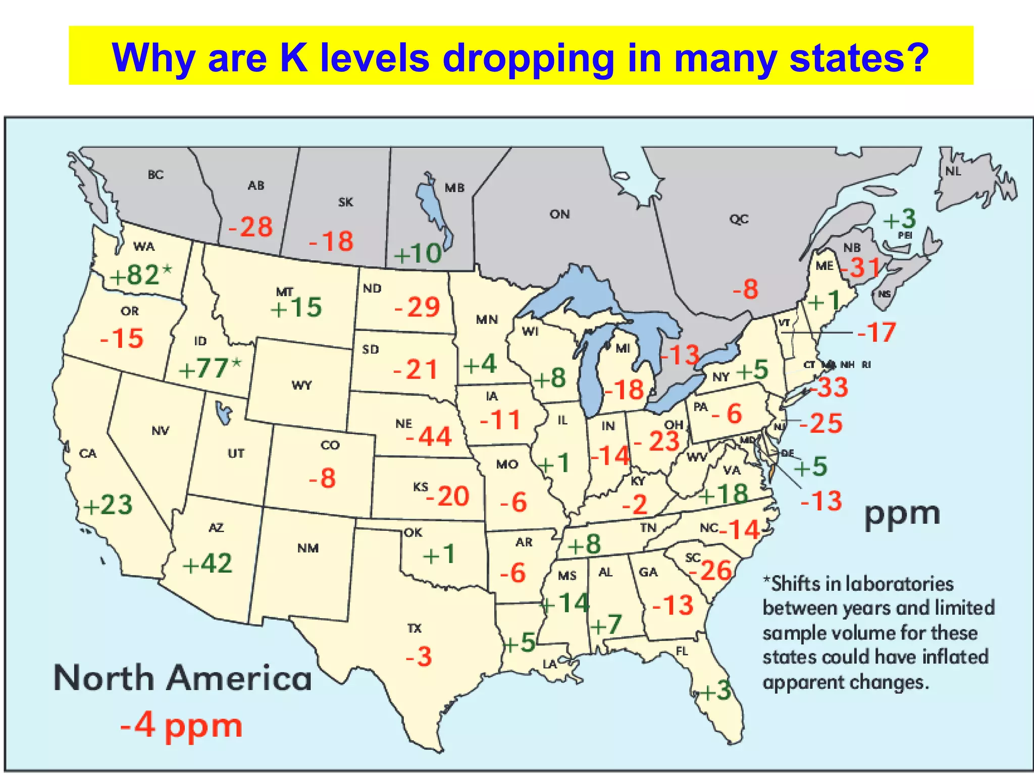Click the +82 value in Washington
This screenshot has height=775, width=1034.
point(135,275)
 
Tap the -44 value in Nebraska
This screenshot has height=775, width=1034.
point(429,436)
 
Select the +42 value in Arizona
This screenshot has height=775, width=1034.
point(207,563)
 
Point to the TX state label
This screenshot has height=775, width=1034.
point(414,628)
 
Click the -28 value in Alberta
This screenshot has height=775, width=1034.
point(251,227)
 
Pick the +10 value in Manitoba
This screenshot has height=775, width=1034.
point(418,253)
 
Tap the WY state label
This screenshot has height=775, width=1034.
point(301,385)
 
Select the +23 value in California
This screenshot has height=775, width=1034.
point(108,505)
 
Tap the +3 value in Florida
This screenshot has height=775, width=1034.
point(714,690)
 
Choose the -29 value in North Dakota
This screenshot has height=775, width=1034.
point(417,307)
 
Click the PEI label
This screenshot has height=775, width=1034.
point(905,235)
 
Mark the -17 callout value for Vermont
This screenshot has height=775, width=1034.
point(876,333)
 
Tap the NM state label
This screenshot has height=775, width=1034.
point(307,548)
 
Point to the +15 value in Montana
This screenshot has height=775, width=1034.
point(296,307)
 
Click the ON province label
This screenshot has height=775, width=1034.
point(559,214)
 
